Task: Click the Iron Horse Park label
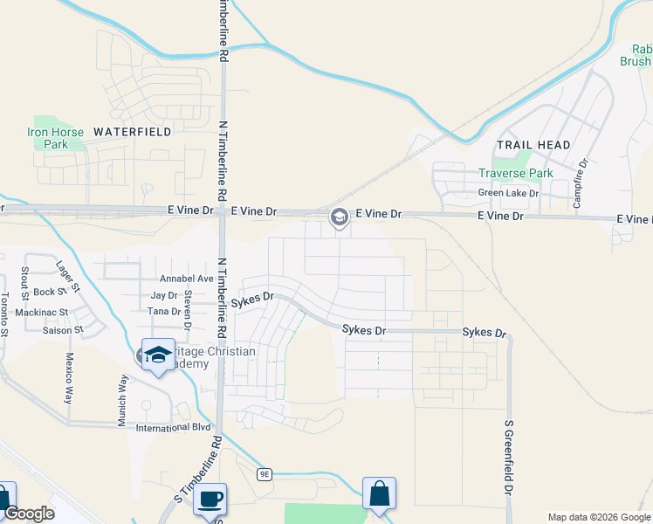click(56, 138)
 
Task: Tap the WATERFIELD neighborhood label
click(133, 131)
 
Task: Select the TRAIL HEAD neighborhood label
click(533, 145)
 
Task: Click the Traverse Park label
click(516, 173)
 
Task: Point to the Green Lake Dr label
click(503, 193)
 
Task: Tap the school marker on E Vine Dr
click(339, 216)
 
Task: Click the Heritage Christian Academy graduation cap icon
click(157, 355)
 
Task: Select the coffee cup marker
click(210, 499)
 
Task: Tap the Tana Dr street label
click(163, 311)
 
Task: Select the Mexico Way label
click(67, 377)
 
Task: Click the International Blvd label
click(174, 428)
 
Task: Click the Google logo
click(28, 514)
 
